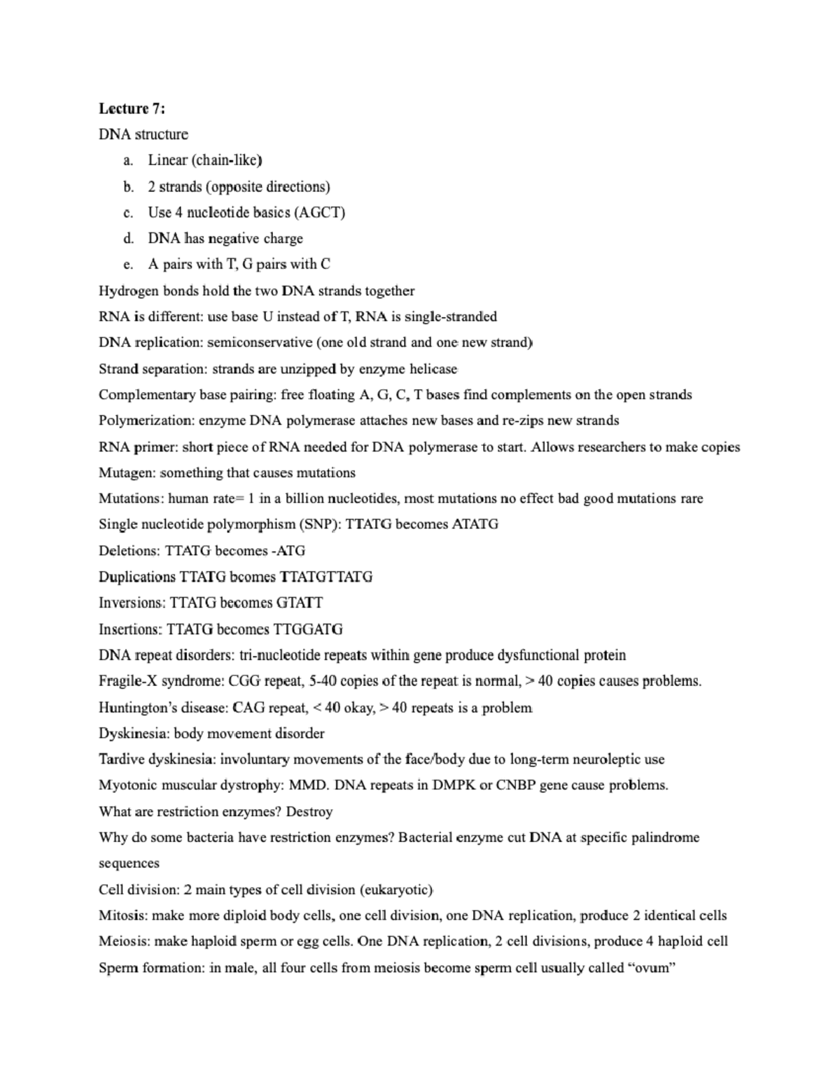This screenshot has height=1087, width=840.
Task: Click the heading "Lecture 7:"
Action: click(132, 108)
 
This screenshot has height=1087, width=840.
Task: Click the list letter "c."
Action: click(127, 213)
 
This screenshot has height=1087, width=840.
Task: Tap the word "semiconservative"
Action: click(260, 343)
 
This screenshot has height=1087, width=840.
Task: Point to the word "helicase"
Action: click(433, 369)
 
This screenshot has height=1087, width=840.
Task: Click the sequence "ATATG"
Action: click(475, 524)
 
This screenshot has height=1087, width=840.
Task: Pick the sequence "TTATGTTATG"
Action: click(326, 577)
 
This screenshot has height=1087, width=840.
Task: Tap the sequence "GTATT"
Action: click(300, 603)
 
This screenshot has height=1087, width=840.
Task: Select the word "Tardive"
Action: click(122, 759)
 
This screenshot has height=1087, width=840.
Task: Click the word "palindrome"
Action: click(665, 838)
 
